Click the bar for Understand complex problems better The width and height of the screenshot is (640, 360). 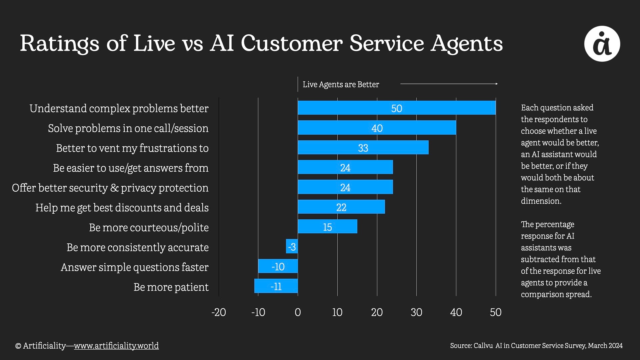click(x=397, y=108)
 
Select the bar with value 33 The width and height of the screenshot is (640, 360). click(x=363, y=147)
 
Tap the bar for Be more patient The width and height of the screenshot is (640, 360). click(x=276, y=286)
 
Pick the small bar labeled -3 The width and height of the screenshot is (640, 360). click(x=292, y=246)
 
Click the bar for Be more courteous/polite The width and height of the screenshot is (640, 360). click(x=327, y=227)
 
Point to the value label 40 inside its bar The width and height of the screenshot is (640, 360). click(x=377, y=128)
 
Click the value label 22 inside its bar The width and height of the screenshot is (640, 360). click(x=341, y=207)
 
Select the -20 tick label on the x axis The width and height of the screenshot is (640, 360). click(x=219, y=312)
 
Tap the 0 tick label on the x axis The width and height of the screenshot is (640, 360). click(x=298, y=312)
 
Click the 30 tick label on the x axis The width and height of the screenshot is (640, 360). click(x=416, y=312)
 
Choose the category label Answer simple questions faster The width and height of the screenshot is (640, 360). click(x=135, y=267)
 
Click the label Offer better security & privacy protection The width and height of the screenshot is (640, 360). click(x=110, y=188)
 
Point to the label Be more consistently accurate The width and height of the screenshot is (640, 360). click(x=138, y=247)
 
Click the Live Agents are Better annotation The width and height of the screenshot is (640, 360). click(x=341, y=85)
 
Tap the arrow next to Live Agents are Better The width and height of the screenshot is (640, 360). click(x=449, y=84)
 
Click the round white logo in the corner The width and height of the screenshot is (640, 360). click(x=602, y=44)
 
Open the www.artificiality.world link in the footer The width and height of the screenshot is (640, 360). click(x=116, y=346)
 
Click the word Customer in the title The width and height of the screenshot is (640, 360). click(x=292, y=43)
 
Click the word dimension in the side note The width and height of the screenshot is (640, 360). click(x=541, y=201)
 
